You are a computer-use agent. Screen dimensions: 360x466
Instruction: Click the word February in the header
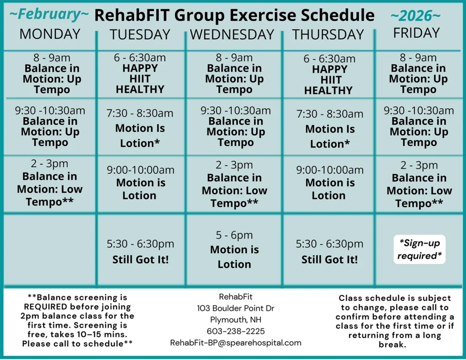[x=49, y=15]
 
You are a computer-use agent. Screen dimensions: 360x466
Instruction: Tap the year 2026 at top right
[x=415, y=16]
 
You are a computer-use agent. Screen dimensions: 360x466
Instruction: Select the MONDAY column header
[x=50, y=34]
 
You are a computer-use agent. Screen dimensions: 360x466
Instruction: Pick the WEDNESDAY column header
[x=232, y=35]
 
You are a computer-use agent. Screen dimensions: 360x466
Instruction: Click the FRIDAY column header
[x=416, y=33]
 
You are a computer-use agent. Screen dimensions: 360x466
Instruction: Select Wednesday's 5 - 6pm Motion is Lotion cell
[x=234, y=250]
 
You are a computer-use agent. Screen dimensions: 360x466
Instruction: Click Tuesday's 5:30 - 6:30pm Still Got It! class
[x=140, y=252]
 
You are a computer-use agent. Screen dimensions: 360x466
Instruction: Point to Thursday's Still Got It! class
[x=329, y=252]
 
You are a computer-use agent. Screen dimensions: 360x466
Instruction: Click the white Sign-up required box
[x=419, y=249]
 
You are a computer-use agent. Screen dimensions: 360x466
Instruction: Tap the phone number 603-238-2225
[x=235, y=331]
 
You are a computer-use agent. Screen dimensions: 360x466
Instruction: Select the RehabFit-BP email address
[x=235, y=343]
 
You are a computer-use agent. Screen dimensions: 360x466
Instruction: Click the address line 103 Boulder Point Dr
[x=235, y=308]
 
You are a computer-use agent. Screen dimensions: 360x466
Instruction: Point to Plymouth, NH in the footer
[x=235, y=319]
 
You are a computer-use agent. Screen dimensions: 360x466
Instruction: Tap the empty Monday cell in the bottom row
[x=50, y=250]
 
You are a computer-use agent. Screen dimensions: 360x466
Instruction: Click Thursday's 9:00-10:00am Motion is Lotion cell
[x=330, y=183]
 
